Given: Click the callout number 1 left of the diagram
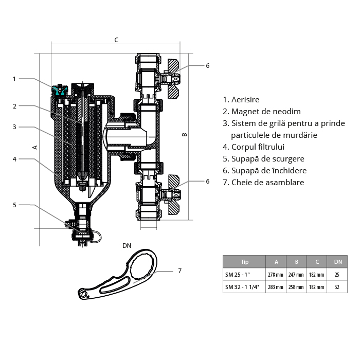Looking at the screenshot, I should [x=14, y=79].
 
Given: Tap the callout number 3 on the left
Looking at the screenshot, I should [x=14, y=127].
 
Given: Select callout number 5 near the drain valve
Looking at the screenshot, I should [x=14, y=205].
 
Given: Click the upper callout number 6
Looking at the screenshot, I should [x=208, y=66].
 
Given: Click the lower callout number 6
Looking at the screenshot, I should [x=208, y=181].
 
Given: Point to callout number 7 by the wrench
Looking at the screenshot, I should [x=179, y=271].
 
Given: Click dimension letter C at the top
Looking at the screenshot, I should [x=116, y=40].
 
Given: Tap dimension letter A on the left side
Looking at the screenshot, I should [x=34, y=147].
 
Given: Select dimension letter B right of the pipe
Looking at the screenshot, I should [x=185, y=135].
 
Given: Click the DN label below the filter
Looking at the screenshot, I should [x=127, y=245].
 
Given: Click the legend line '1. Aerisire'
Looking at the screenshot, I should [x=241, y=100].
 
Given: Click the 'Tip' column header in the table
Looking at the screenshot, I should [x=244, y=262].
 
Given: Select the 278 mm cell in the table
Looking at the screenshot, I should [x=276, y=275].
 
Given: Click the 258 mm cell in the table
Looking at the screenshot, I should [x=296, y=287].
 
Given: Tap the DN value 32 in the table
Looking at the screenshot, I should [x=337, y=287].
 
